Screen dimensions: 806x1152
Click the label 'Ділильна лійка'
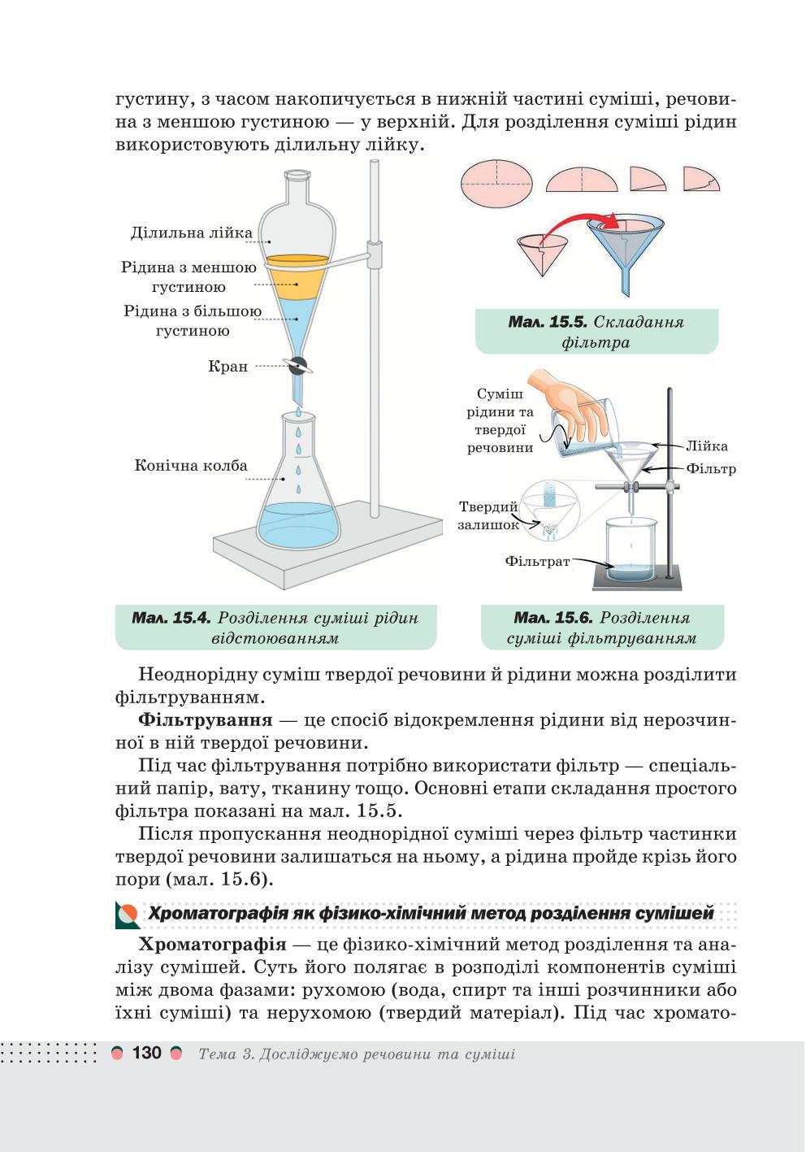(x=191, y=233)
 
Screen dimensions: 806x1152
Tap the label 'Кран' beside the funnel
(x=227, y=367)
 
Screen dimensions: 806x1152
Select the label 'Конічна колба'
(x=191, y=465)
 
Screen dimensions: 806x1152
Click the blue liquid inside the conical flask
(x=298, y=524)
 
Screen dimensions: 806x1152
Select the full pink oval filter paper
(x=496, y=183)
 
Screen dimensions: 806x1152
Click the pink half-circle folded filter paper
(x=582, y=180)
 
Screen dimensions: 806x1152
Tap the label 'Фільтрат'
(x=537, y=561)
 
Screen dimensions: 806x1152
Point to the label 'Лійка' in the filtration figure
(x=707, y=446)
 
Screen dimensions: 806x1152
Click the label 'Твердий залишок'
(x=488, y=515)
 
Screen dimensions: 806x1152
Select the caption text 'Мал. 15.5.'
(x=548, y=322)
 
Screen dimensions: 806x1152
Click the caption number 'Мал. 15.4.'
(x=171, y=618)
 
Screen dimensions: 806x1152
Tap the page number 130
(x=147, y=1053)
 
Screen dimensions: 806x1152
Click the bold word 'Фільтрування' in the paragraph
(x=205, y=720)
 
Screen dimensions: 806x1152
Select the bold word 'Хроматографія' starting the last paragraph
(x=212, y=945)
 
